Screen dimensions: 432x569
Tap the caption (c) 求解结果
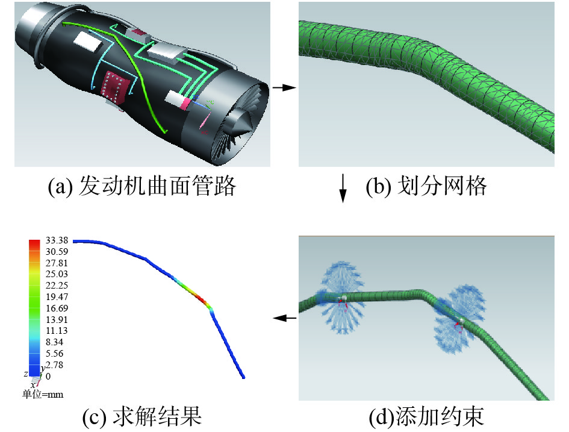click(x=141, y=416)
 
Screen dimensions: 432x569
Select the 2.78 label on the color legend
click(x=54, y=365)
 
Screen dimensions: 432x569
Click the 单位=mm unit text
click(x=43, y=395)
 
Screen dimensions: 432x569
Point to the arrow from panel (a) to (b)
click(x=284, y=88)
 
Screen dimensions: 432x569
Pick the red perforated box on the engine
click(x=114, y=87)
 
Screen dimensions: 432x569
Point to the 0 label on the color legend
click(x=48, y=376)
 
